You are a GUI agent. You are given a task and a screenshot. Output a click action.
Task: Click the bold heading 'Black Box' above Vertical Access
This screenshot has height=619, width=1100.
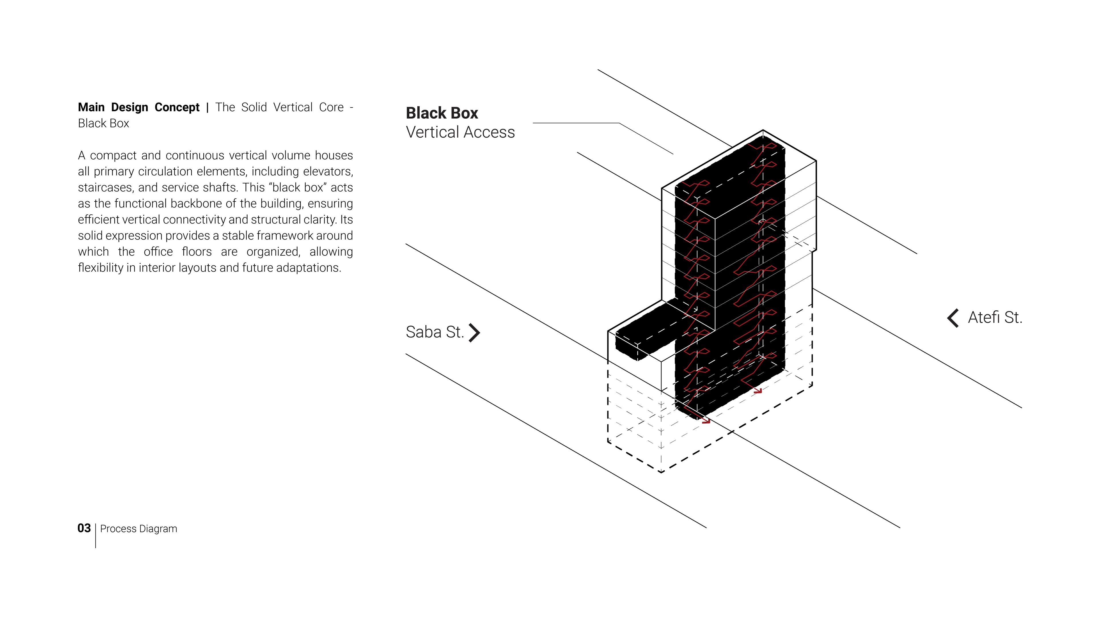point(442,113)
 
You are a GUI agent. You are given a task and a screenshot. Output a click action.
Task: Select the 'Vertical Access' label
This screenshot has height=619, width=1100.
point(460,132)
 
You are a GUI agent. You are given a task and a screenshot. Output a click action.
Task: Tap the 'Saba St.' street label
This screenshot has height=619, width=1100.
point(435,332)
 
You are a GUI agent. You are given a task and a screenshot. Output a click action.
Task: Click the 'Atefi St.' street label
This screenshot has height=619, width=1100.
point(995,318)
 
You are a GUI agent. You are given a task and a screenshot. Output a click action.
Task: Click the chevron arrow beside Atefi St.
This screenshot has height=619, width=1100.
point(953,318)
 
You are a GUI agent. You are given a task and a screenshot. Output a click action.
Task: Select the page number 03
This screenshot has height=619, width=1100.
point(84,528)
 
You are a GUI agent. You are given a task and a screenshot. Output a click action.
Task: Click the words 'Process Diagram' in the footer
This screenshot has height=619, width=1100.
point(139,529)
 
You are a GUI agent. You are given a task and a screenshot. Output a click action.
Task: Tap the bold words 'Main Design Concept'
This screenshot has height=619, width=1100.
point(139,107)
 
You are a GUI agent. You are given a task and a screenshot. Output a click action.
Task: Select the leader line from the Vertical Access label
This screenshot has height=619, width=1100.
point(603,138)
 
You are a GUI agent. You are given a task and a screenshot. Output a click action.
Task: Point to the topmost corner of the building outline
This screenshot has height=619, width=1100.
point(763,130)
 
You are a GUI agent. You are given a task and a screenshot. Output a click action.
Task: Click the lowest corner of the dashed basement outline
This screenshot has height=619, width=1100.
point(661,473)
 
